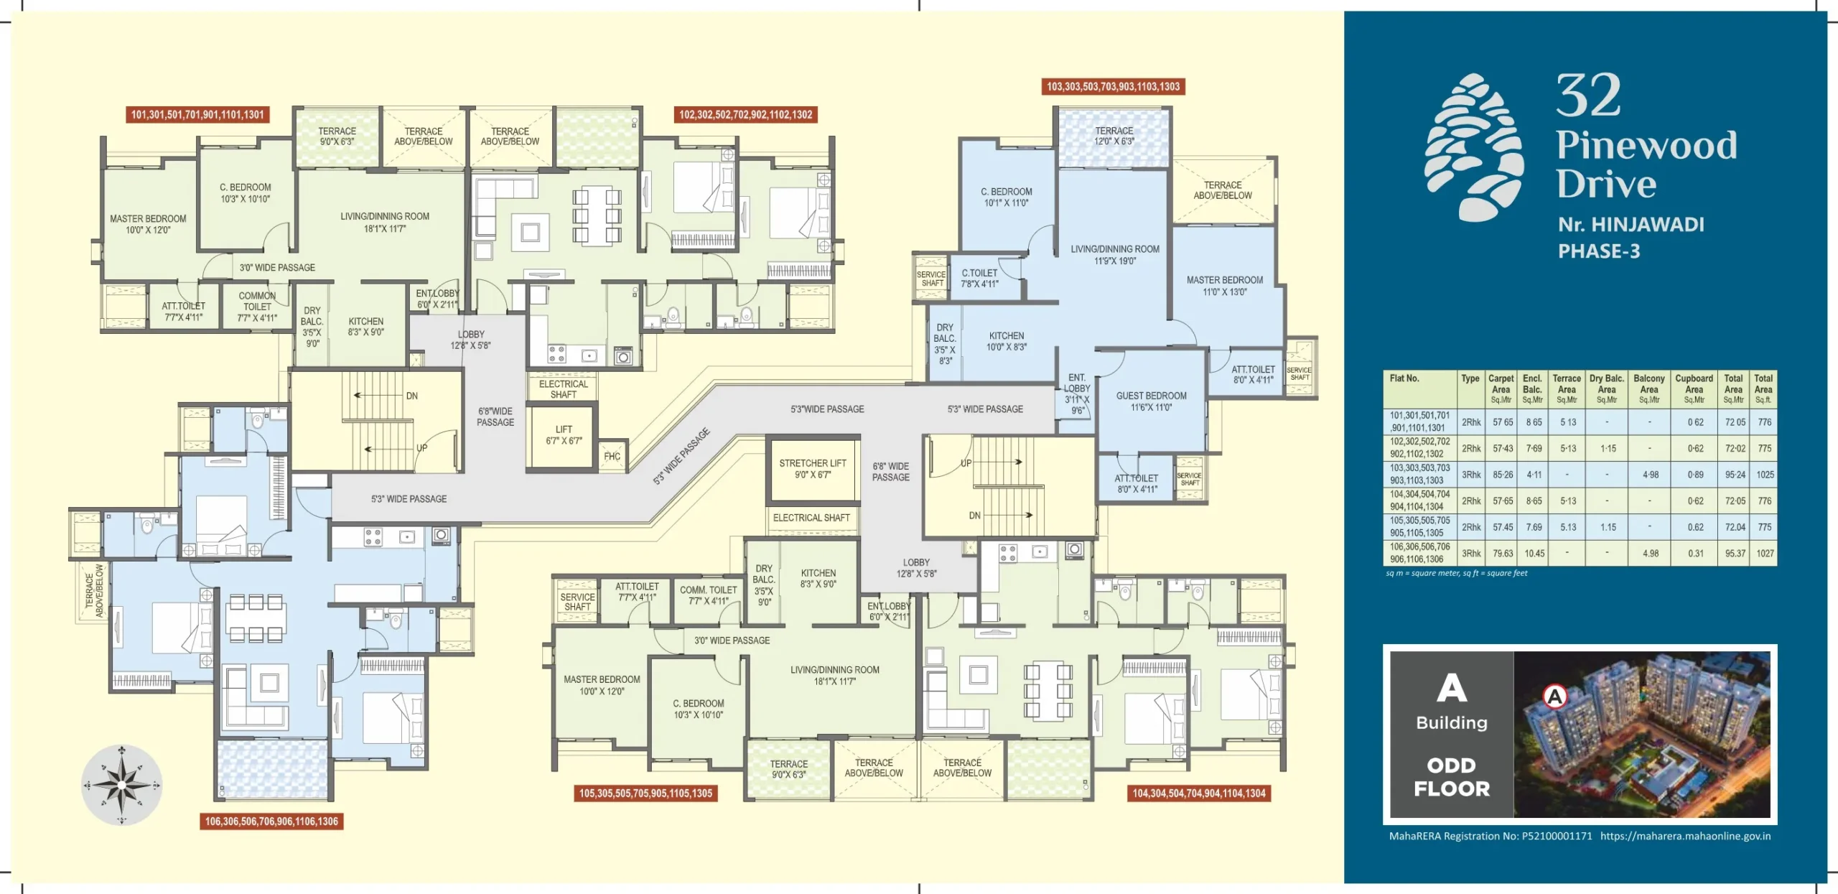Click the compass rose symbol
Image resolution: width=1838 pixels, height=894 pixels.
121,784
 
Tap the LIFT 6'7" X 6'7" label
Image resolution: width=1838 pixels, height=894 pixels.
564,434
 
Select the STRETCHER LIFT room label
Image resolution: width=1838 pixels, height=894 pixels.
812,468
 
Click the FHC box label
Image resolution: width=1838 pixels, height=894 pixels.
612,456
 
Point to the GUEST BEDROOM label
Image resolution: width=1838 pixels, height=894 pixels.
1151,401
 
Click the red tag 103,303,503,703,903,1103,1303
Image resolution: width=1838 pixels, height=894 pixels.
1113,87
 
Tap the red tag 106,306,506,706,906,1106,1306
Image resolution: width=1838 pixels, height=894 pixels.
271,821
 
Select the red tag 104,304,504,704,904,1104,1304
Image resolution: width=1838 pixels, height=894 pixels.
1198,793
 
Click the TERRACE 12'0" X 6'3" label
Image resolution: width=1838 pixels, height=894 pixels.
1114,136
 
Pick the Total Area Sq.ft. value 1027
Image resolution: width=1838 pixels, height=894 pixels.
1764,553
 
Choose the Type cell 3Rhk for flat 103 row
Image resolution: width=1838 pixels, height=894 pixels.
1471,474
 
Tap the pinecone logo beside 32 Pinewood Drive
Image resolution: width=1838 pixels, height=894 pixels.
1474,147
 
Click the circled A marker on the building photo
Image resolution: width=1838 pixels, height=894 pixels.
1554,695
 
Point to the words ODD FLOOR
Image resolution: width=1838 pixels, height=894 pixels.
1451,776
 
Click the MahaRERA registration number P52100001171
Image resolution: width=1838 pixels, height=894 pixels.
1557,836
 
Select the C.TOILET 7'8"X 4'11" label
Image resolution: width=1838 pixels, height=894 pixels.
979,278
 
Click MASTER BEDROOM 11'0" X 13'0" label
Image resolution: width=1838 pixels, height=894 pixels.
1224,285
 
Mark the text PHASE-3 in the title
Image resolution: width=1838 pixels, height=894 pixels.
1598,251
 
